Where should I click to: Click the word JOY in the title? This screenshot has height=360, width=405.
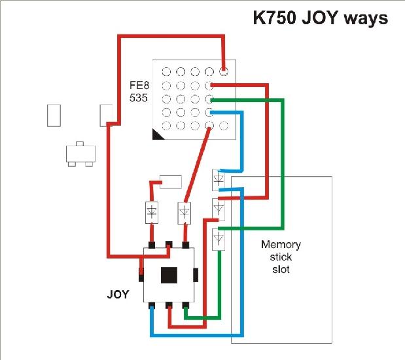(319, 18)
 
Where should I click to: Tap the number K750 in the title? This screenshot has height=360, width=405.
(274, 18)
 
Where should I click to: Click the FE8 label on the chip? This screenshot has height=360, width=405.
(139, 85)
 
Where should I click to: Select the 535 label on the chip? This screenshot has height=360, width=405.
(139, 98)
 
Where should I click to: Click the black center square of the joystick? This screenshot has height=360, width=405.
(169, 275)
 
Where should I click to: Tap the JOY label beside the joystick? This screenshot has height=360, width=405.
(118, 295)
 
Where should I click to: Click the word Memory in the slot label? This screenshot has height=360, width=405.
(281, 245)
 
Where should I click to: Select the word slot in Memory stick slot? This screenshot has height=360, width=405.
(281, 270)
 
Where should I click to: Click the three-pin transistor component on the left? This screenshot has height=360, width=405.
(80, 154)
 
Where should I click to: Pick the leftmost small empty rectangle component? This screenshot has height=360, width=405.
(54, 115)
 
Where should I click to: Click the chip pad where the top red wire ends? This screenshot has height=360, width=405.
(223, 71)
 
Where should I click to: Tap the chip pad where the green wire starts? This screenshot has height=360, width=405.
(209, 99)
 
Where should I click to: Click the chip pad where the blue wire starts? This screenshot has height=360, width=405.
(209, 112)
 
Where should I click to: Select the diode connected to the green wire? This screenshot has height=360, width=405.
(219, 240)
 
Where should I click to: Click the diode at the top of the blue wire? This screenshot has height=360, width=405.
(219, 180)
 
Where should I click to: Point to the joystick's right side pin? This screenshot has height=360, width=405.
(196, 275)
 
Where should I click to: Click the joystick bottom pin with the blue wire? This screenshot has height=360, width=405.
(152, 306)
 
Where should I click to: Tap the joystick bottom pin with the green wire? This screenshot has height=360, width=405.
(186, 306)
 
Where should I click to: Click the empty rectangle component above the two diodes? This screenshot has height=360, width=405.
(171, 182)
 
